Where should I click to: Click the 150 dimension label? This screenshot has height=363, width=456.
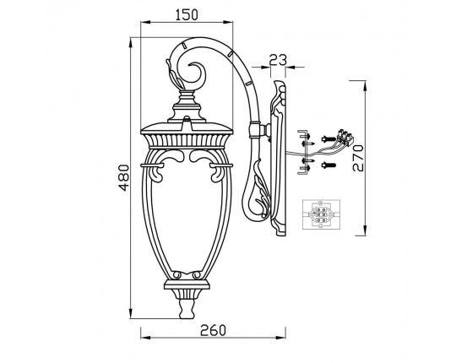point(187,15)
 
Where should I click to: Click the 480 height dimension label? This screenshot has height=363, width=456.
point(124,177)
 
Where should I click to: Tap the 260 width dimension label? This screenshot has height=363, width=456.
point(213,330)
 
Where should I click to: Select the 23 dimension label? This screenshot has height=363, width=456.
point(278,60)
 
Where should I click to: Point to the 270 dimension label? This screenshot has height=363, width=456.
point(358,158)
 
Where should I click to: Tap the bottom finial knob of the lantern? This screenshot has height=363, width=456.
point(187,309)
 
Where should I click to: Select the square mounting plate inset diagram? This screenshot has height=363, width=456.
point(321,214)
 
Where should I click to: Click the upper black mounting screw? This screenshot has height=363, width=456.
point(328,139)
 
